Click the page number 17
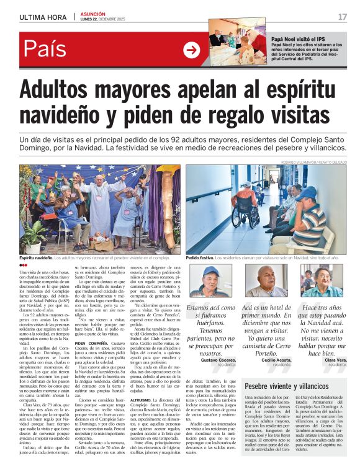[x=343, y=17]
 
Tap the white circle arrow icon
[x=192, y=50]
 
